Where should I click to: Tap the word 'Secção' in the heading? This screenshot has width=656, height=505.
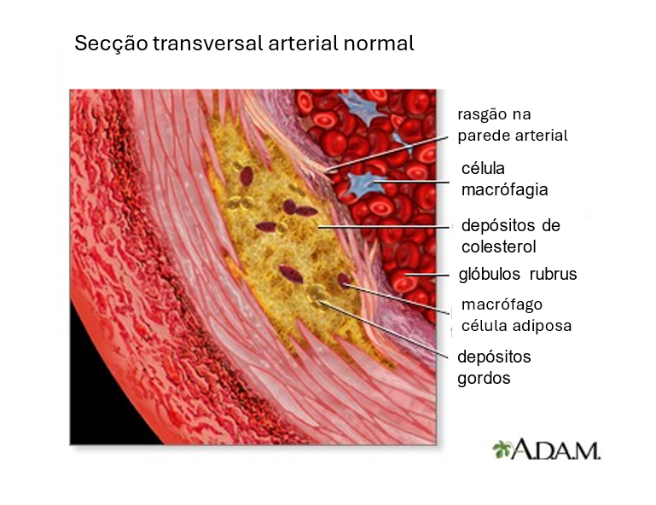111,44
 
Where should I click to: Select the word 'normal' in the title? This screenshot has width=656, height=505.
378,44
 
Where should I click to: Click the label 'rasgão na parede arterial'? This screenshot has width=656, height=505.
512,125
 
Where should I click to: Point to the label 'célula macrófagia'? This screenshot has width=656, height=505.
504,179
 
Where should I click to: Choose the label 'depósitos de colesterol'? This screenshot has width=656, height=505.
510,236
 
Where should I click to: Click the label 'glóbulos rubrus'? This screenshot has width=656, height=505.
518,274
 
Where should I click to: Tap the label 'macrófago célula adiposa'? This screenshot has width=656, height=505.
516,315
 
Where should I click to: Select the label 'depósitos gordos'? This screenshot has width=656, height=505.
494,368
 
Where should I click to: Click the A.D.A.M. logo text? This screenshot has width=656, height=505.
555,450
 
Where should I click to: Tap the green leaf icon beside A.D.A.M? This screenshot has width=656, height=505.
502,449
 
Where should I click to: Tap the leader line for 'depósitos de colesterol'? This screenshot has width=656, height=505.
385,227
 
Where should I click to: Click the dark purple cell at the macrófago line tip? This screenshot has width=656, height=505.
344,281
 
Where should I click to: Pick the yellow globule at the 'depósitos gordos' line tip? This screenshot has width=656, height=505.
316,296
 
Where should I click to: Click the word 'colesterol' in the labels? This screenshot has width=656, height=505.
498,247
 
